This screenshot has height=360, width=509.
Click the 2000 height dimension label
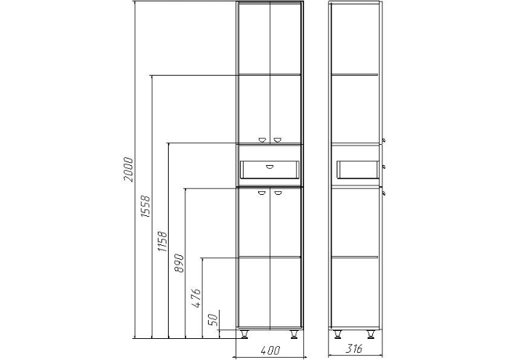pyautogui.click(x=128, y=169)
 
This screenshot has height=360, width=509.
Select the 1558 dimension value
pyautogui.click(x=145, y=206)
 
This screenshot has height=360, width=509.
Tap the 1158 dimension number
pyautogui.click(x=162, y=241)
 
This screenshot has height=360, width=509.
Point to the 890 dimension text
pyautogui.click(x=179, y=263)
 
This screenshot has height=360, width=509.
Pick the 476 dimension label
pyautogui.click(x=196, y=297)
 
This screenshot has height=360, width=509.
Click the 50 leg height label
pyautogui.click(x=212, y=320)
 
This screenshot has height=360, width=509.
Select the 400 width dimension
pyautogui.click(x=270, y=351)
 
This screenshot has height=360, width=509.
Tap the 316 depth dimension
pyautogui.click(x=354, y=349)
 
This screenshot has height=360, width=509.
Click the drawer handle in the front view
pyautogui.click(x=270, y=167)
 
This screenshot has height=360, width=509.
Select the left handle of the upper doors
pyautogui.click(x=262, y=140)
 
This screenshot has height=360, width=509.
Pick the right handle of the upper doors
pyautogui.click(x=277, y=140)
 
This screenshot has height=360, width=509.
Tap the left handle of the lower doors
pyautogui.click(x=262, y=193)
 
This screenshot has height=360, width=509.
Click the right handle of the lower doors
pyautogui.click(x=278, y=193)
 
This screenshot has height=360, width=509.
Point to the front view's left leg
pyautogui.click(x=244, y=335)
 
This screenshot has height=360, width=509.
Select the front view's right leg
pyautogui.click(x=294, y=335)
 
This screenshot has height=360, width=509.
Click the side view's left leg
pyautogui.click(x=337, y=335)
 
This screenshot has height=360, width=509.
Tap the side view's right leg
pyautogui.click(x=371, y=335)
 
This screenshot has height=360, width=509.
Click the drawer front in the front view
pyautogui.click(x=270, y=169)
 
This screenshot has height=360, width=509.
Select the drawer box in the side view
pyautogui.click(x=358, y=169)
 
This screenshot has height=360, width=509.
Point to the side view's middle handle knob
pyautogui.click(x=384, y=167)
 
